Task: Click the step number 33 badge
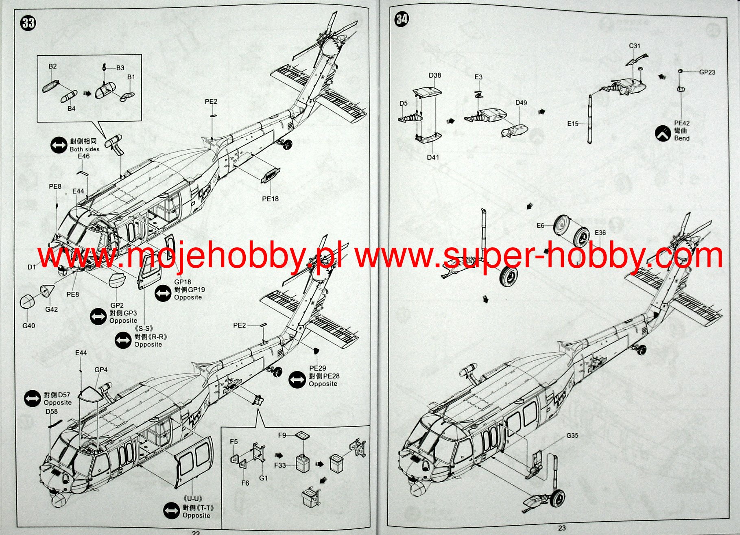[x=28, y=23]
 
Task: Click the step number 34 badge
[x=402, y=19]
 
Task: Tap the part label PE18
[x=270, y=199]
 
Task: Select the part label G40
[x=28, y=325]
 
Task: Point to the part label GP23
[x=707, y=72]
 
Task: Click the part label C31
[x=634, y=46]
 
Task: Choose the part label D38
[x=434, y=75]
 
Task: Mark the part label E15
[x=573, y=123]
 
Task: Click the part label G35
[x=572, y=435]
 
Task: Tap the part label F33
[x=280, y=465]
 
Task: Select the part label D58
[x=52, y=411]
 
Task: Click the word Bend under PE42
[x=682, y=138]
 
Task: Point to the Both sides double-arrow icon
[x=59, y=145]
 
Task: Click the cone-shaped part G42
[x=47, y=290]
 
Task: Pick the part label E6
[x=540, y=225]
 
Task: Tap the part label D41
[x=433, y=157]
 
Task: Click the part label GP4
[x=101, y=370]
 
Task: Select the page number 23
[x=562, y=528]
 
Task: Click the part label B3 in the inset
[x=120, y=68]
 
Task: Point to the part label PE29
[x=317, y=368]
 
